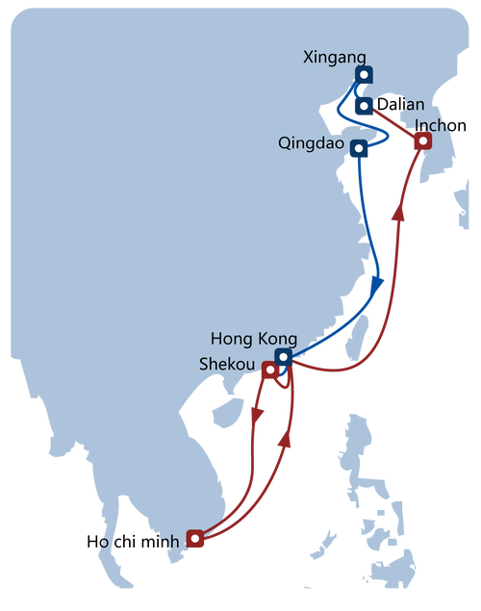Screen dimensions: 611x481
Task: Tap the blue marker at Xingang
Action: (363, 74)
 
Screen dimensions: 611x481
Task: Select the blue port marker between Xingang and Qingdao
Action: (364, 106)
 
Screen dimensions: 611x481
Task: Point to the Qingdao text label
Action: (309, 143)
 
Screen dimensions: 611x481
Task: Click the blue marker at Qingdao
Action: (359, 148)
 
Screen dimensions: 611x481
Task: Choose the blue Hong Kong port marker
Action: (282, 356)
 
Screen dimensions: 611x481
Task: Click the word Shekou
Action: (227, 365)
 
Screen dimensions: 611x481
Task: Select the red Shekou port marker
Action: (270, 369)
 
